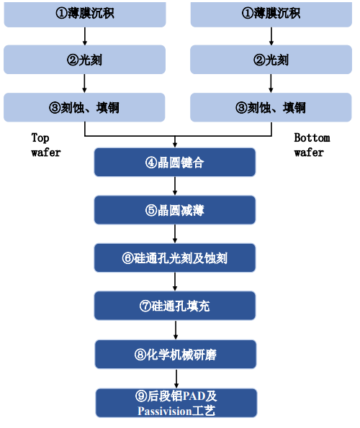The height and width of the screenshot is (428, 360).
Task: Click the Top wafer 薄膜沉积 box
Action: [x=85, y=14]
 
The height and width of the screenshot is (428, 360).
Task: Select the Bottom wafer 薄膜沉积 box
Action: [x=271, y=14]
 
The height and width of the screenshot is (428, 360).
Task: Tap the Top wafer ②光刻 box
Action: [x=84, y=60]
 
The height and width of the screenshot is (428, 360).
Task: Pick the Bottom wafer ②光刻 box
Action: [x=271, y=60]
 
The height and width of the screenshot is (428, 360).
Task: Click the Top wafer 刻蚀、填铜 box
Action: [x=84, y=107]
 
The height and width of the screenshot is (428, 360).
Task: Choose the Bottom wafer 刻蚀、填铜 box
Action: [x=271, y=107]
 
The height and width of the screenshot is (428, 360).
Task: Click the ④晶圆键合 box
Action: [x=175, y=162]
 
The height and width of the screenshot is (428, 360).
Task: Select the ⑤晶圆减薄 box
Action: [x=175, y=210]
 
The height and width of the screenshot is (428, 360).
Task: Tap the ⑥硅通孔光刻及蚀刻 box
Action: [x=175, y=258]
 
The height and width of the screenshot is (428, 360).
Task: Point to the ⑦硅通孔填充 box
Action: [x=175, y=306]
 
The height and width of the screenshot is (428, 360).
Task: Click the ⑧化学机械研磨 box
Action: [x=176, y=355]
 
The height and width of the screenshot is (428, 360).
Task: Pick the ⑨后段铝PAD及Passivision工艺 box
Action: [x=176, y=403]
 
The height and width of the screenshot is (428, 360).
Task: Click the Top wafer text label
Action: [x=45, y=145]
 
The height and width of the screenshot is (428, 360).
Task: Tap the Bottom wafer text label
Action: [x=312, y=145]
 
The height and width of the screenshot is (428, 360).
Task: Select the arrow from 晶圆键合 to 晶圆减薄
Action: [x=175, y=186]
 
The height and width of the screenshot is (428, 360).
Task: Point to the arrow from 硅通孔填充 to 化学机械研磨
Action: [x=176, y=330]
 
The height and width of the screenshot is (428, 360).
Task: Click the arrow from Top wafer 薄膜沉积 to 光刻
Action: [x=85, y=36]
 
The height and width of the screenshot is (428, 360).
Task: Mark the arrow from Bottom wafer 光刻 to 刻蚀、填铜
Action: [x=271, y=83]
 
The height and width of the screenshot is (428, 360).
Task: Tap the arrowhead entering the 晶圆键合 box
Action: [x=175, y=145]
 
